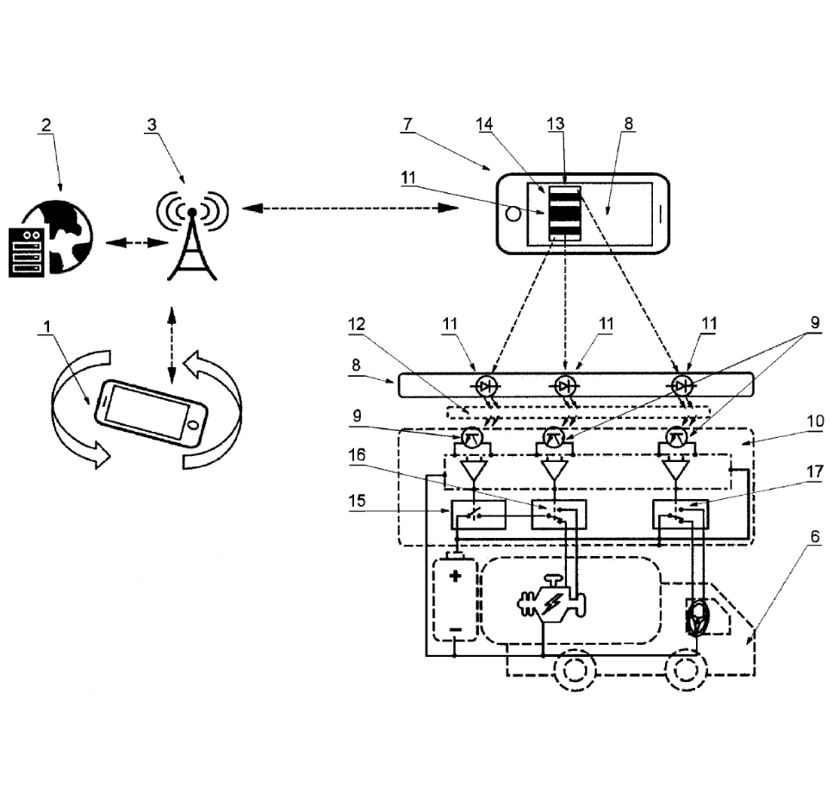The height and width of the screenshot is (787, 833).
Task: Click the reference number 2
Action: point(46,124)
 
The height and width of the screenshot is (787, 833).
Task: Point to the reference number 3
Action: point(152,124)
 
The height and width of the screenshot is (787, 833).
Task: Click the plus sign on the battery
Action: point(456,575)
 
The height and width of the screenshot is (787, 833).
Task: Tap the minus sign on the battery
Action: point(456,632)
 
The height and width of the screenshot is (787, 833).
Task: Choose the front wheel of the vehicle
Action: point(683,670)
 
